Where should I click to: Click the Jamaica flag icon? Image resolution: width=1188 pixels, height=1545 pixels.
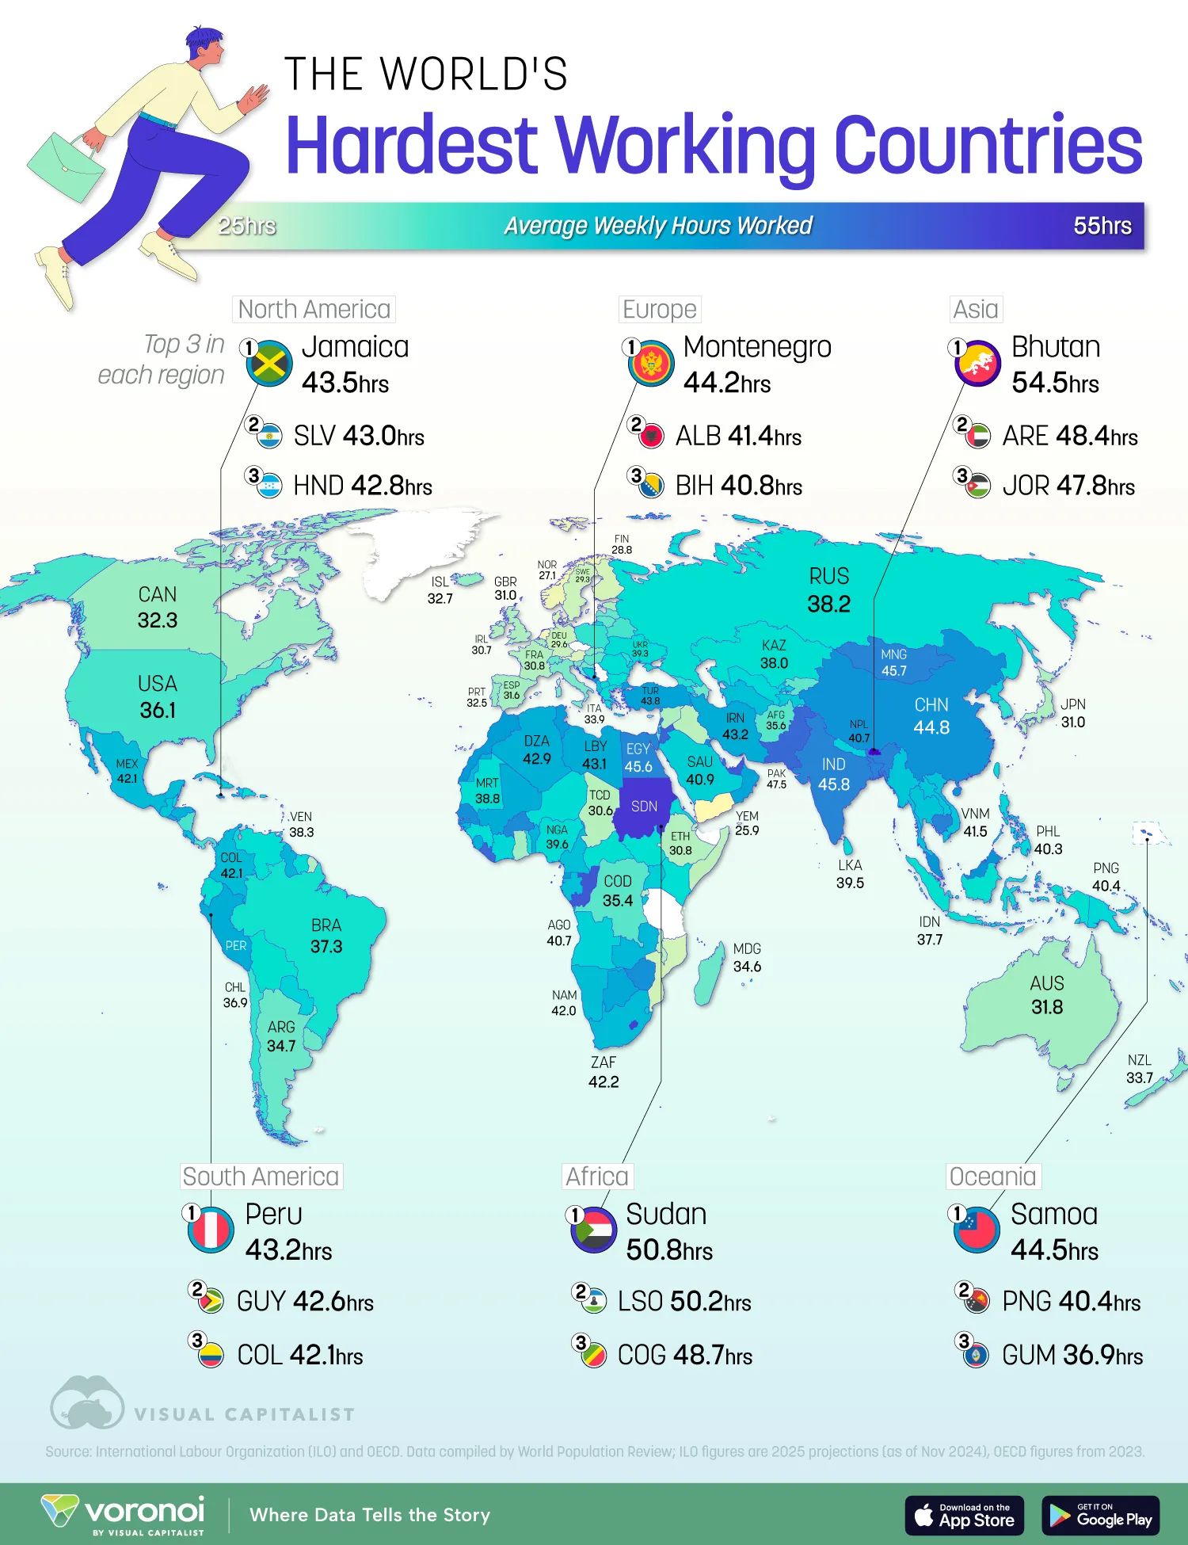[269, 364]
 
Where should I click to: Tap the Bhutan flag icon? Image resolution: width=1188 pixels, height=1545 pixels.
[978, 364]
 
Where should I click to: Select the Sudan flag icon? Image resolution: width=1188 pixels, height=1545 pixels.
[594, 1230]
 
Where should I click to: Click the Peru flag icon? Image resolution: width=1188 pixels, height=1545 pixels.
[211, 1230]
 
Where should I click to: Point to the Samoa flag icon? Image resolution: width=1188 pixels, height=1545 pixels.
[977, 1230]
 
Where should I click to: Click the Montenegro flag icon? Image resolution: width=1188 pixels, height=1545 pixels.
[651, 364]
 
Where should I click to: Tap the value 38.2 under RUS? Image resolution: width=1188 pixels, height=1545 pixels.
[828, 604]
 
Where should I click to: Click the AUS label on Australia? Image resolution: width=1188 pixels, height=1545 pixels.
[1046, 983]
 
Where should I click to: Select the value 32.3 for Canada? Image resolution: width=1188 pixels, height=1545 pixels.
[157, 620]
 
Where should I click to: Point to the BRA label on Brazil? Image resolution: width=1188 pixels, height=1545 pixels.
[326, 925]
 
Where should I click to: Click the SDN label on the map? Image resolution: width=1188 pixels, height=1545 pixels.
[644, 807]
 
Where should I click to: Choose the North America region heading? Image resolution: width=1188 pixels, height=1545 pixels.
[314, 309]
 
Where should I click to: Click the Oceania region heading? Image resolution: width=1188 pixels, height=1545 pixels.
[993, 1177]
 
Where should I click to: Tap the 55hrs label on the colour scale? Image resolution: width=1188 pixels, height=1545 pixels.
[1102, 226]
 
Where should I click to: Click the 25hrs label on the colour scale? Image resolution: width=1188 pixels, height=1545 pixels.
[247, 226]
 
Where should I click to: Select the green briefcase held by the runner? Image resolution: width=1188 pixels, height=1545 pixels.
[65, 166]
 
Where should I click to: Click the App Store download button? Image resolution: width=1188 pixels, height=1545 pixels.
[965, 1516]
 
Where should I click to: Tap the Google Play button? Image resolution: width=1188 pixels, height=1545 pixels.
[1100, 1516]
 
